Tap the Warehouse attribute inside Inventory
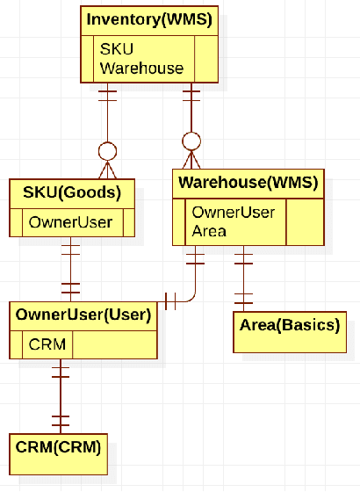click(x=141, y=67)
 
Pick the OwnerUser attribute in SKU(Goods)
click(x=70, y=222)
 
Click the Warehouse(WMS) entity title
click(x=248, y=184)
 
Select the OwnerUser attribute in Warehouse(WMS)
click(x=233, y=213)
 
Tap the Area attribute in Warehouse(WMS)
click(x=209, y=231)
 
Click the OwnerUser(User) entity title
click(x=83, y=314)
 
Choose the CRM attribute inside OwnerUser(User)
click(x=47, y=344)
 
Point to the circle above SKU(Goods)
click(x=108, y=150)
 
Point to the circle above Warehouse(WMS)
click(x=191, y=141)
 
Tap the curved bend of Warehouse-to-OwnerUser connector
click(x=191, y=294)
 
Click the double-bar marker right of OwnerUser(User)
click(x=171, y=300)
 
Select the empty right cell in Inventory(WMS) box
click(x=206, y=58)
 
